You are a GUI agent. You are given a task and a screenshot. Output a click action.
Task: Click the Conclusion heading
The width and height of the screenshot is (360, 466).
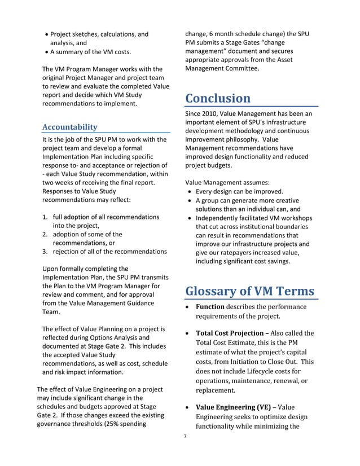(x=218, y=98)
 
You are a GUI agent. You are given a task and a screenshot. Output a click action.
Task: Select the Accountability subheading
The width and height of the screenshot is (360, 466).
(x=70, y=127)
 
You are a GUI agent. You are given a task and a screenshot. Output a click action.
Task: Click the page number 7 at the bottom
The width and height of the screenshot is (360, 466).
(x=185, y=436)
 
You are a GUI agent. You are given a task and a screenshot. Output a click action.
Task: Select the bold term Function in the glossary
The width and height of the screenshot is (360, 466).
(x=210, y=307)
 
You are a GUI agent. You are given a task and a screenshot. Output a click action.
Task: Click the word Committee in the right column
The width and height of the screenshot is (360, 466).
(x=242, y=69)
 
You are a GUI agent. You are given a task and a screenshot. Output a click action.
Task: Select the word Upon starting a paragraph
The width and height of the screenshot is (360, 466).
(x=51, y=269)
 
